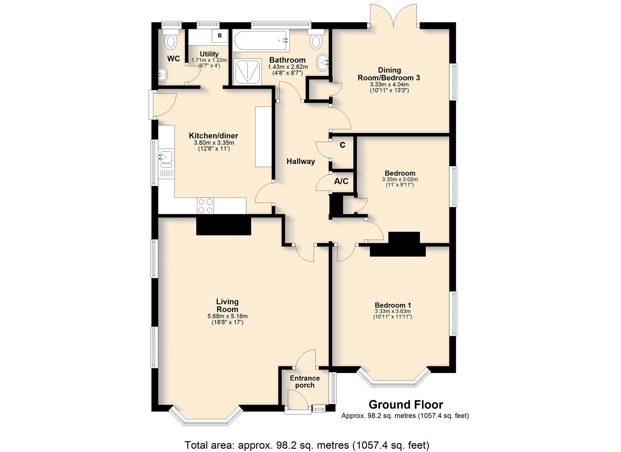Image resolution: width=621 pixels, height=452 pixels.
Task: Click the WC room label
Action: pos(174,59)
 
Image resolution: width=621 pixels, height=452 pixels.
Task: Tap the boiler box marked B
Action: pos(220,36)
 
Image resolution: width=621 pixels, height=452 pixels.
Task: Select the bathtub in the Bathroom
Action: pos(261,41)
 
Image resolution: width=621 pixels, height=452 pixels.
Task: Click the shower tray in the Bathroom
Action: pos(247,72)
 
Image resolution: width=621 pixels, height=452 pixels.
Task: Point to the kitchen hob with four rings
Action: pos(205,205)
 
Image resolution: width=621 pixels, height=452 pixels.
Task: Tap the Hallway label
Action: pos(301,162)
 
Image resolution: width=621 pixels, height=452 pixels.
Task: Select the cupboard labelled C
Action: pos(342,145)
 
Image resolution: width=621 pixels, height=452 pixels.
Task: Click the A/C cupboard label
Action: pos(341,182)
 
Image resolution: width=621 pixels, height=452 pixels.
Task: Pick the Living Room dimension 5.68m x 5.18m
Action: pos(227,316)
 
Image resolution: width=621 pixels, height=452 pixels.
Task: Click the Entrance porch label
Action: pos(305,382)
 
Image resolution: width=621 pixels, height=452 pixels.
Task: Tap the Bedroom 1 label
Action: pos(393,305)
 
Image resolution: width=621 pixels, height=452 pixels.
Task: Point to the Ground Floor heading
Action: pos(406,405)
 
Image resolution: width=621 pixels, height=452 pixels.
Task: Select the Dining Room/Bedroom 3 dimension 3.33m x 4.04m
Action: pos(389,85)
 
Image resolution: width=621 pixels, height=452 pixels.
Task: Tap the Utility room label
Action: pos(210,54)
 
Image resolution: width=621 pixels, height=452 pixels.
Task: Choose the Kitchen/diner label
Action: pos(213,136)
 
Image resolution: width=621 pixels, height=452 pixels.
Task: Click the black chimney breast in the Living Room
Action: pos(223,226)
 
